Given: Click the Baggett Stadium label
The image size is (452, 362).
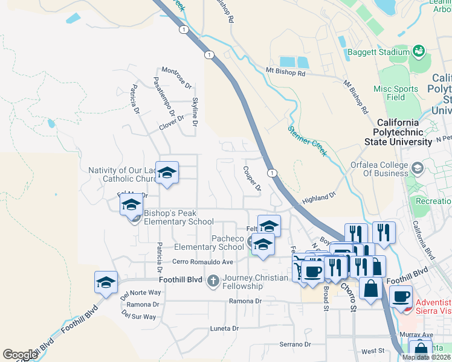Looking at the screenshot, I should (x=378, y=52).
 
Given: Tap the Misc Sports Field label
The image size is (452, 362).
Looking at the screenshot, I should (x=396, y=93).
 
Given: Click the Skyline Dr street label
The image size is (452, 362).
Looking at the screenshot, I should (x=195, y=112).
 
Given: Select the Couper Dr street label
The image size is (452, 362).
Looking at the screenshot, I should (x=251, y=179).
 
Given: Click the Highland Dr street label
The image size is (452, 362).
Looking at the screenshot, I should (x=318, y=198).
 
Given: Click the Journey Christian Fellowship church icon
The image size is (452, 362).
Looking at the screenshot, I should (x=213, y=281).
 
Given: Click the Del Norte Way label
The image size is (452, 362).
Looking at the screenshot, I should (x=141, y=293).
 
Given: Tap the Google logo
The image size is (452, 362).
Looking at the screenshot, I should (x=20, y=355).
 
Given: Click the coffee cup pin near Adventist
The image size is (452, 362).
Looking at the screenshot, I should (x=401, y=296).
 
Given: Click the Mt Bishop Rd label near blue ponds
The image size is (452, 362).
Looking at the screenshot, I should (x=286, y=72).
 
